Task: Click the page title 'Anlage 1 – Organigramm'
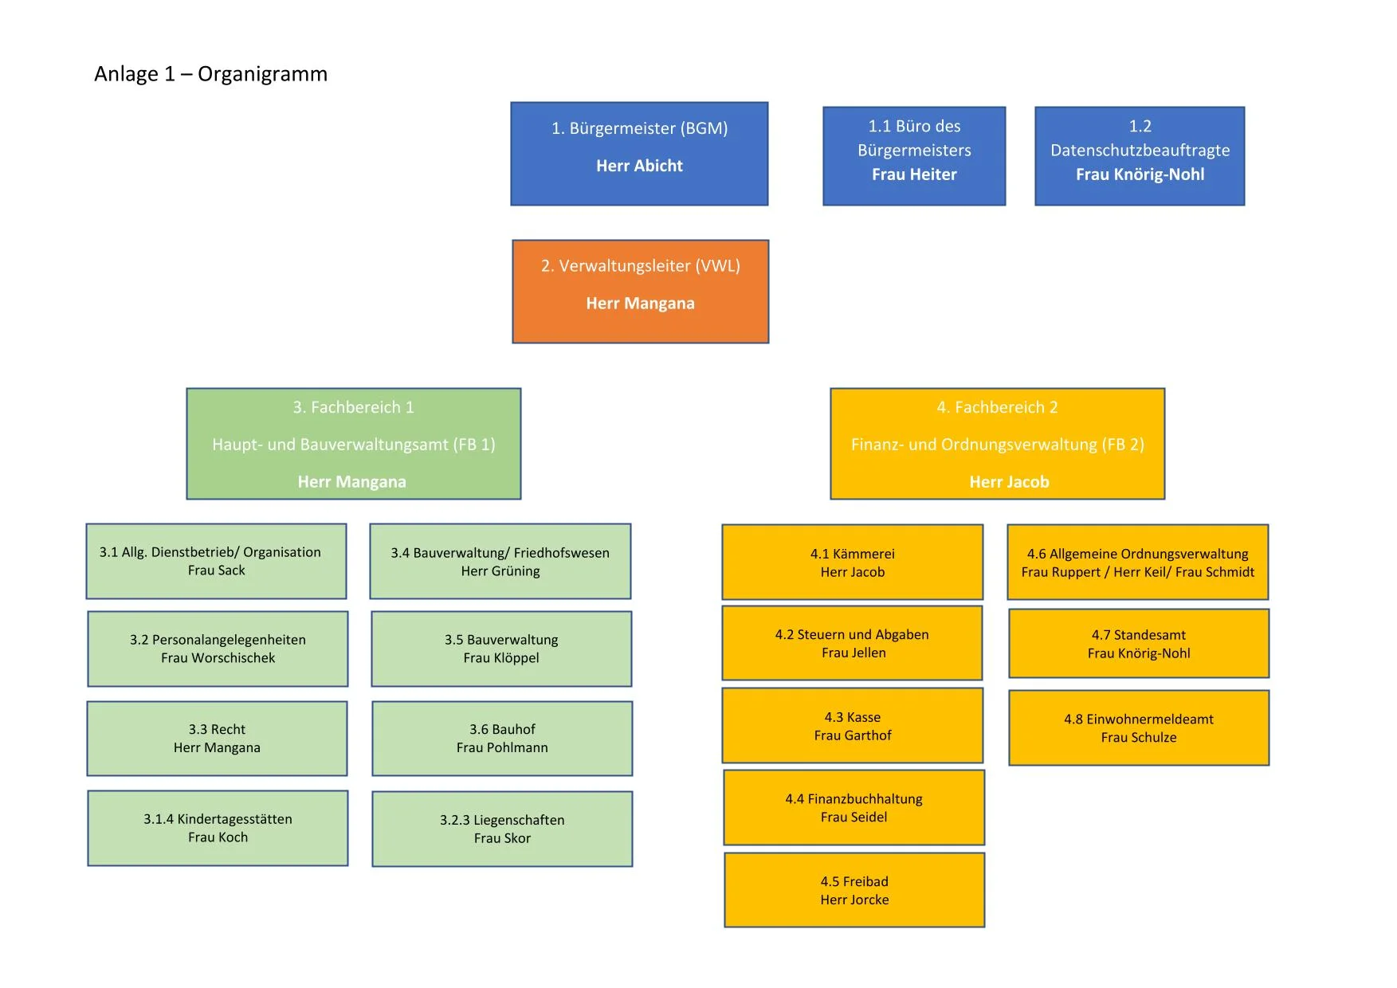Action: pos(210,74)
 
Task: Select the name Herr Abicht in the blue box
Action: pos(639,166)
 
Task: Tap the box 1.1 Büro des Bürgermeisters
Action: pos(914,155)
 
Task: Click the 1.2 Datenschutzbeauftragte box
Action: pos(1140,155)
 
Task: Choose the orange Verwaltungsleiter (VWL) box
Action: pos(640,291)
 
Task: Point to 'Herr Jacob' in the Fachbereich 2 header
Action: pos(1009,482)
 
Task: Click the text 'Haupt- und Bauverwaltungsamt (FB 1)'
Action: pos(353,445)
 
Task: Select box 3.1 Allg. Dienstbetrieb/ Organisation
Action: pos(216,561)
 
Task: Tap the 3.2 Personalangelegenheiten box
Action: pos(218,649)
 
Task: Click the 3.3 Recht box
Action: pos(217,738)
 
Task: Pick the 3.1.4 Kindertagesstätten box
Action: pos(218,828)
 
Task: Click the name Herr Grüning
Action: pos(500,571)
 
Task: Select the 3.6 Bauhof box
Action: pos(502,738)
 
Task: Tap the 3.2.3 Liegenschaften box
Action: pos(502,829)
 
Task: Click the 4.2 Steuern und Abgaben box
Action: pos(852,643)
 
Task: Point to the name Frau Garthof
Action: pos(852,735)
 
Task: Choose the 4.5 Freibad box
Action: pos(854,890)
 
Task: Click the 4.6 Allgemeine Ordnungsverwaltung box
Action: pos(1137,562)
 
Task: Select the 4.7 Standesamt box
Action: pos(1138,644)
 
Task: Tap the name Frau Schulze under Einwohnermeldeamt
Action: pos(1138,738)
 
